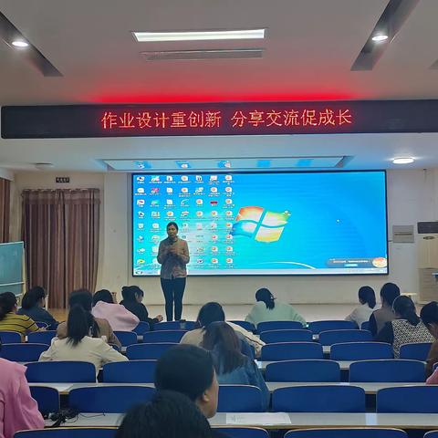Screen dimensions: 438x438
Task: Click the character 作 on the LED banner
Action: click(x=109, y=120)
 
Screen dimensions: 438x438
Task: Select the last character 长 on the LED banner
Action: click(x=344, y=118)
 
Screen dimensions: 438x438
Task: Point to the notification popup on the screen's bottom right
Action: click(x=356, y=263)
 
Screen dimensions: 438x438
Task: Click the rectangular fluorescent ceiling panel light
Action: click(x=199, y=36)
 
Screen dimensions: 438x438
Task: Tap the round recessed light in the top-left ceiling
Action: click(x=19, y=43)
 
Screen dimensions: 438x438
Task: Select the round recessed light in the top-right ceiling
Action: click(x=380, y=37)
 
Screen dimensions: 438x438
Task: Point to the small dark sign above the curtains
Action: click(x=62, y=180)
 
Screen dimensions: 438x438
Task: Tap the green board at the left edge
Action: click(x=11, y=266)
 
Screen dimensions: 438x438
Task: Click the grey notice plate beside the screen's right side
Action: click(x=402, y=234)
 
